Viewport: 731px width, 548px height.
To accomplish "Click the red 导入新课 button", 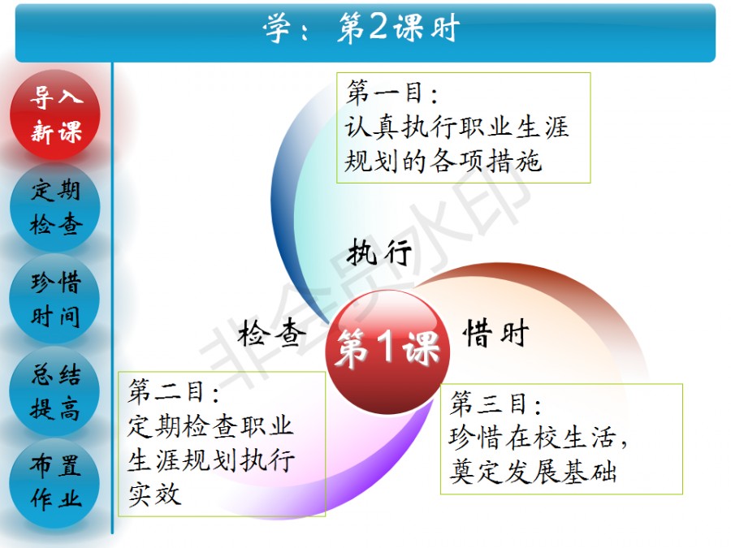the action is coord(55,114).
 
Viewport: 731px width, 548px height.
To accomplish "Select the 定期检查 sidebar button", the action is coord(55,207).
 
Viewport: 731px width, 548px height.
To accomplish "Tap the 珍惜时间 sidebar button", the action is coord(55,299).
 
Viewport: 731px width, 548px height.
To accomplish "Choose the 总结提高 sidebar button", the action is coord(55,391).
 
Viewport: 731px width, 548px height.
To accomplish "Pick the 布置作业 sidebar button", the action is coord(55,483).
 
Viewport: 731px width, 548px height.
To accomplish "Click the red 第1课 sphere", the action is coord(387,352).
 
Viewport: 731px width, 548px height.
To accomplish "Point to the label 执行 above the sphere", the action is coord(379,252).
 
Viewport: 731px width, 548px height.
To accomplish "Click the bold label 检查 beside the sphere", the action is coord(271,333).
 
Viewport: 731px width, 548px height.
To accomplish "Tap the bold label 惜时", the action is coord(496,333).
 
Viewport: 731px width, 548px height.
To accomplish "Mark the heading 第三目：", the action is coord(495,403).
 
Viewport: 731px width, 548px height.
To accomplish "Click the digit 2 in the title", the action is coord(378,27).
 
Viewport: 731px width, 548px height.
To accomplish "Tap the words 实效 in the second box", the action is coord(154,494).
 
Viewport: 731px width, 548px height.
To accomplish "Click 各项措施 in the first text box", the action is coord(486,162).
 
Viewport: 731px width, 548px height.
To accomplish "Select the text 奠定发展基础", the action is coord(533,471).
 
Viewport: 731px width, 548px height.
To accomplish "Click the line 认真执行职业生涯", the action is coord(456,127).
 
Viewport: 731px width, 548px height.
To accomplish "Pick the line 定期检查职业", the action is coord(210,425).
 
